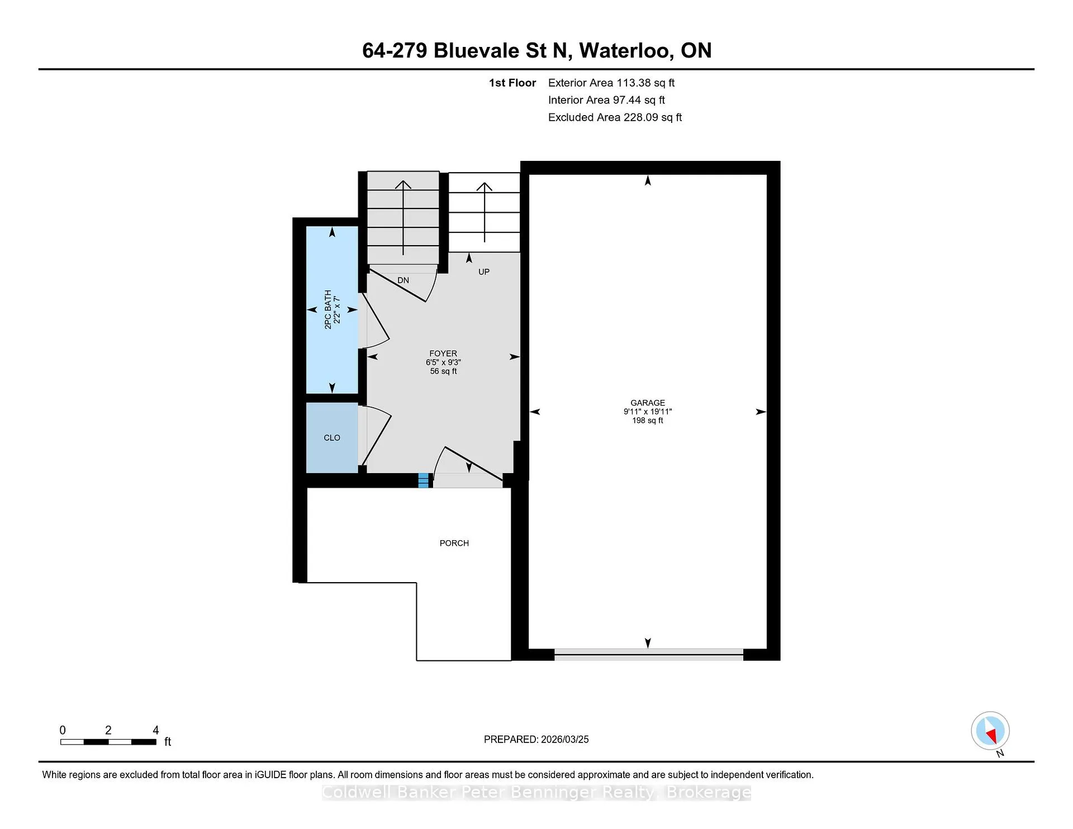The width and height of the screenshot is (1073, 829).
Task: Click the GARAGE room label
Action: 648,403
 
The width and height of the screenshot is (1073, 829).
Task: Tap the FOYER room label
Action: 443,354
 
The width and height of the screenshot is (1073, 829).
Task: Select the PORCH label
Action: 454,543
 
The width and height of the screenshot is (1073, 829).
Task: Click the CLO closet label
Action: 332,438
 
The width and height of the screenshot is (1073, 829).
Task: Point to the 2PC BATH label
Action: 328,309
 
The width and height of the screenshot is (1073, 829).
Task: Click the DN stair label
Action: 403,280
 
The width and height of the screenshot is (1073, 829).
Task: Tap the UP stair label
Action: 484,272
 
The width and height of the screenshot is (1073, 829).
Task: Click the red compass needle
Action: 992,737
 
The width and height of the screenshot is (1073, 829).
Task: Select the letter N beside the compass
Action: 1000,753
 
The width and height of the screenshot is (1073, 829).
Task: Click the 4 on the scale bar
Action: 156,730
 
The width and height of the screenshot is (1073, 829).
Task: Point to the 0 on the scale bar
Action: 63,730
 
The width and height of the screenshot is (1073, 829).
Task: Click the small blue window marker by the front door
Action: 424,480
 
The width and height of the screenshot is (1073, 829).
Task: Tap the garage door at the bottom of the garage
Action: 649,655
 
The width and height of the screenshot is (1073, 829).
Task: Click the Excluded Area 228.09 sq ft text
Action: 615,117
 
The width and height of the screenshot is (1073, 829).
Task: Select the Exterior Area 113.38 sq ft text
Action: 611,83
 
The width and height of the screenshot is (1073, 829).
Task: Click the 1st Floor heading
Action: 512,83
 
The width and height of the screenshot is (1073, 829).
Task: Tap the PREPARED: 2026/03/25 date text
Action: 536,739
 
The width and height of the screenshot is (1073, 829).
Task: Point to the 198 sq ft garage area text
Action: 648,421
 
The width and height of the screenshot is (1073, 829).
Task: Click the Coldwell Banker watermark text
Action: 536,792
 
